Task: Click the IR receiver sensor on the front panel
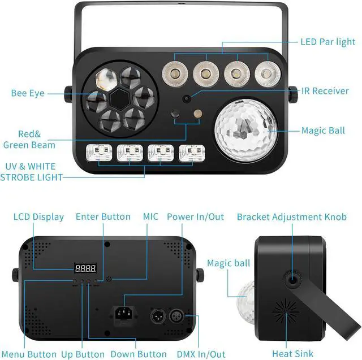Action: [186, 98]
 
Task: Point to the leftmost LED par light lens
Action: [174, 72]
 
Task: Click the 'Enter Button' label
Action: [103, 216]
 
